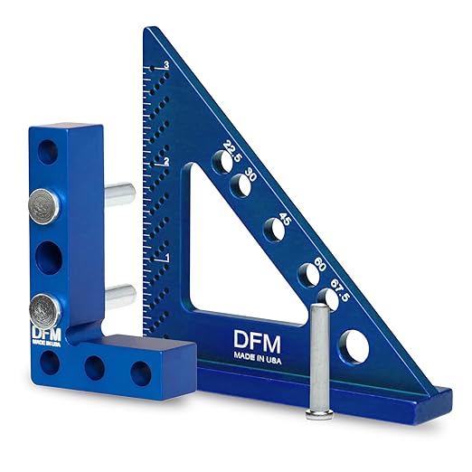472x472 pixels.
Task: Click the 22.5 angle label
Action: [232, 151]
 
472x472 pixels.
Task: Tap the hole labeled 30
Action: [241, 185]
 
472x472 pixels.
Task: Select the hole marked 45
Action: [274, 230]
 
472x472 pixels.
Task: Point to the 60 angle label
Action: [320, 264]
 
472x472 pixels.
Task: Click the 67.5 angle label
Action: [340, 290]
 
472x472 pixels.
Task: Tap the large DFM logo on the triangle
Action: [257, 343]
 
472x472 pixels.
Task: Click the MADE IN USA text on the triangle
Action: [258, 360]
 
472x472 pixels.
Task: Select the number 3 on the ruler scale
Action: [166, 65]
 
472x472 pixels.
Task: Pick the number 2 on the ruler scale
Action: [166, 162]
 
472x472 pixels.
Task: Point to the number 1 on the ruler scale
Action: [167, 258]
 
